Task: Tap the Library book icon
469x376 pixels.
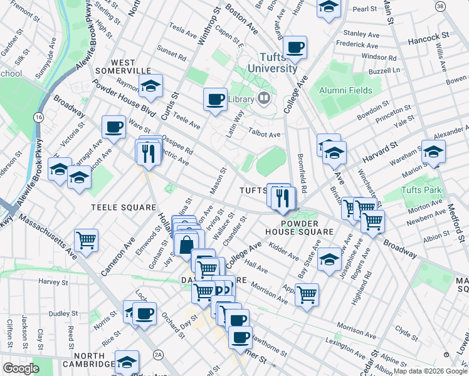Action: tap(263, 98)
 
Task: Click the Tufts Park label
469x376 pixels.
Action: tap(423, 191)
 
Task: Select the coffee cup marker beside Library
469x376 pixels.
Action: tap(216, 99)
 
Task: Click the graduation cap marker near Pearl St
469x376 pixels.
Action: tap(328, 8)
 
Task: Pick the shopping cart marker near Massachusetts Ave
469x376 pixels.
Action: tap(86, 239)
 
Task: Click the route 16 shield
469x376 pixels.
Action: tap(39, 118)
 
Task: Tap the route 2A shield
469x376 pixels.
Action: tap(159, 355)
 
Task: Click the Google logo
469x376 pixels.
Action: tap(21, 368)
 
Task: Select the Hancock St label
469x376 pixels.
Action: tap(429, 37)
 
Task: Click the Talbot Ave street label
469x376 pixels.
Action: tap(265, 134)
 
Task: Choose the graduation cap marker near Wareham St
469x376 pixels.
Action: tap(433, 151)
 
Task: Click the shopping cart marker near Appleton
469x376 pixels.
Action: tap(307, 293)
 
